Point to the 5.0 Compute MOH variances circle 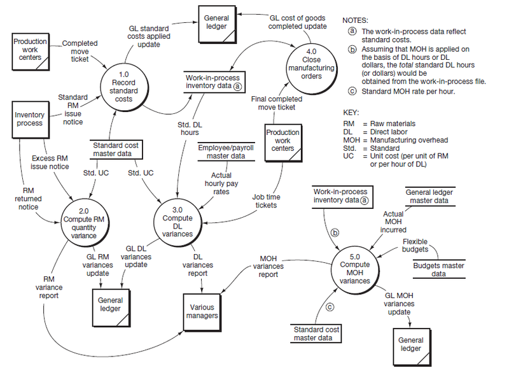coord(355,264)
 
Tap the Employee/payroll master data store coord(222,152)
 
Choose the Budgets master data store coord(429,269)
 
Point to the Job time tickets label coord(266,201)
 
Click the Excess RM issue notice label coord(50,162)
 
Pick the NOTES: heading coord(355,21)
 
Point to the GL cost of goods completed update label coord(297,22)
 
